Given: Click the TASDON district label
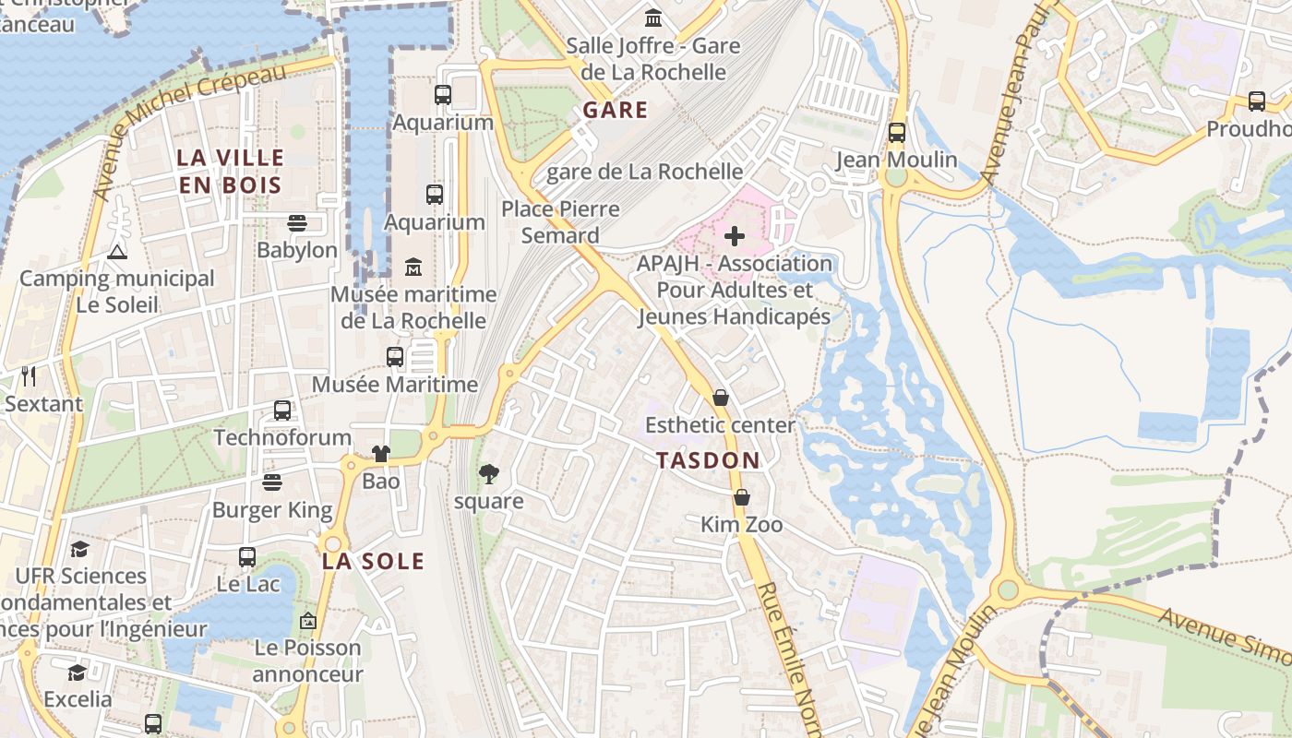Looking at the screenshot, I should click(x=708, y=460).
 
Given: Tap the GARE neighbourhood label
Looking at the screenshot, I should click(x=615, y=110).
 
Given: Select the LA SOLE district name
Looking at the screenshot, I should click(x=373, y=561).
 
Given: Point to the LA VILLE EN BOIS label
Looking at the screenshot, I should click(x=230, y=171).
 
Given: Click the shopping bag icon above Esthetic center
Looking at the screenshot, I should click(x=721, y=398).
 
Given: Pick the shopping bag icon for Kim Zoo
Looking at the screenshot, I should click(x=741, y=497).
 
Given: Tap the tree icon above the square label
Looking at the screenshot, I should click(x=489, y=474).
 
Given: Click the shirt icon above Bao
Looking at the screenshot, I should click(x=380, y=453).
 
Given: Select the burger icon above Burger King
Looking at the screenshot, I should click(x=271, y=482).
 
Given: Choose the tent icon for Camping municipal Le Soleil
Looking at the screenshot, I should click(x=117, y=251).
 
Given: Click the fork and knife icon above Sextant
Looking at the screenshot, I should click(x=29, y=375).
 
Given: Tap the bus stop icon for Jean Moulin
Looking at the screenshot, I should click(x=896, y=132).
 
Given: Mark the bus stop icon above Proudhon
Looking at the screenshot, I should click(x=1256, y=101).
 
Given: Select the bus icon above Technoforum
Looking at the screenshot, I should click(x=282, y=410).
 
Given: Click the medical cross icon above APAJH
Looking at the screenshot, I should click(x=735, y=236).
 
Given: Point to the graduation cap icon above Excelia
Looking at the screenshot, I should click(x=78, y=672).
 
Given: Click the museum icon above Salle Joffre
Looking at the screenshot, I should click(x=653, y=18).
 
